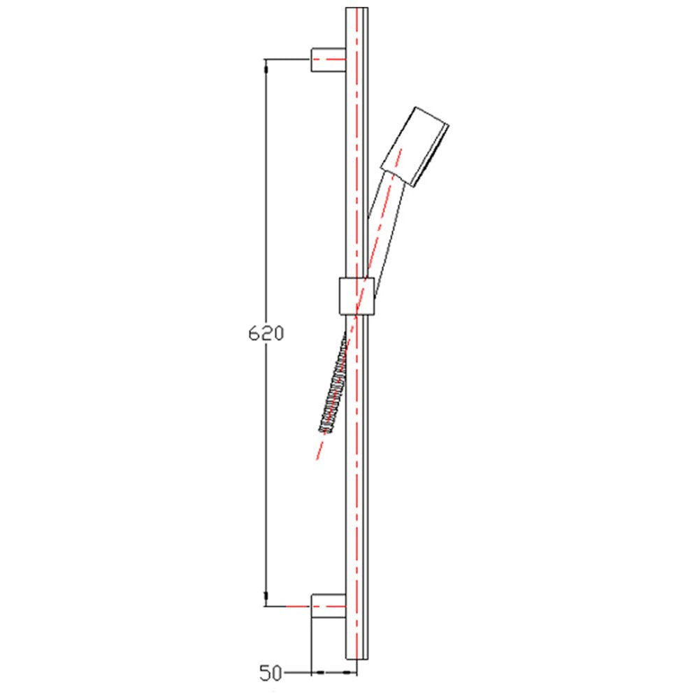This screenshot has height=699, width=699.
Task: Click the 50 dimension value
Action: (270, 673)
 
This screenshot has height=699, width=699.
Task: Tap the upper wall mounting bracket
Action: (329, 60)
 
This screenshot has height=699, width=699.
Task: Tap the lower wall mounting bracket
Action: (329, 605)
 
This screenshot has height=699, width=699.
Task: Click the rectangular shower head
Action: (415, 147)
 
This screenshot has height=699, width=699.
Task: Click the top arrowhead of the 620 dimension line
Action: (266, 68)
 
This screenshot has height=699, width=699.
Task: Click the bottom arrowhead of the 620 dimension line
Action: (266, 598)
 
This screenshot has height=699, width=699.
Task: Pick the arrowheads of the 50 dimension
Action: (334, 673)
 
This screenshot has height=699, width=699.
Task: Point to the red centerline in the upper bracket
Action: (329, 60)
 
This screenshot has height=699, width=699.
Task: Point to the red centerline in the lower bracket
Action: (329, 605)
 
